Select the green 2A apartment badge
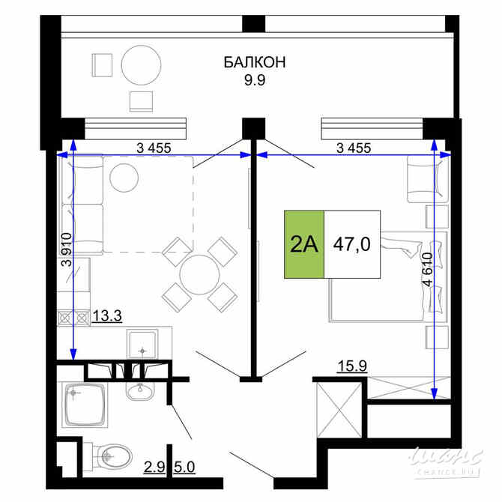point(303,244)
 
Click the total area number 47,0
point(352,245)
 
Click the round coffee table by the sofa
point(124,178)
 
